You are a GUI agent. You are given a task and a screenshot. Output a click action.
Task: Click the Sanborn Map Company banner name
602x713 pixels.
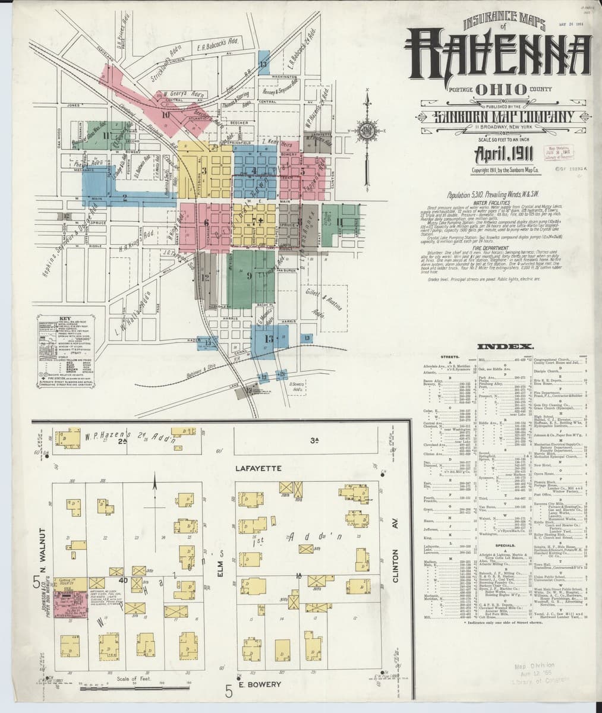(x=498, y=116)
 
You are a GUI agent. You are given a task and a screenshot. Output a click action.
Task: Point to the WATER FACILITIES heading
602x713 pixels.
(x=498, y=203)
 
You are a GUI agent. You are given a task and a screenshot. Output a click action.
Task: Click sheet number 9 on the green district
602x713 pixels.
(x=249, y=276)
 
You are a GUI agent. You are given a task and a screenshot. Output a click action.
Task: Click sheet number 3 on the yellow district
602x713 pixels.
(x=204, y=171)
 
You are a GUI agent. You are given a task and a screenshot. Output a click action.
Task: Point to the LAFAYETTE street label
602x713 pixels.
(x=253, y=469)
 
